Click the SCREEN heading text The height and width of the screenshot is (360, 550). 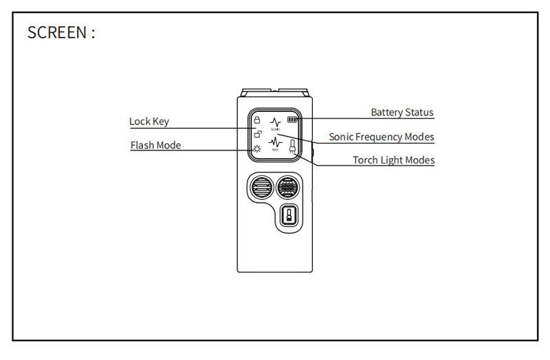click(x=61, y=32)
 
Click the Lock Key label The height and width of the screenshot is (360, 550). click(x=148, y=122)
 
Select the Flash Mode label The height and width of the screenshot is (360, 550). click(x=155, y=145)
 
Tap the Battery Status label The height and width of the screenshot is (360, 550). click(x=402, y=112)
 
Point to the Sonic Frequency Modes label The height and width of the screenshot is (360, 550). click(x=381, y=137)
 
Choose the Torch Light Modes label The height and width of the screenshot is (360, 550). click(x=393, y=160)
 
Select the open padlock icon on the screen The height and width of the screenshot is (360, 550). click(x=256, y=133)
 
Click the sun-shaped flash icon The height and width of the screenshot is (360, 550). click(x=256, y=148)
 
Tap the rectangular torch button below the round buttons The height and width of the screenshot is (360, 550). click(x=289, y=216)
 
